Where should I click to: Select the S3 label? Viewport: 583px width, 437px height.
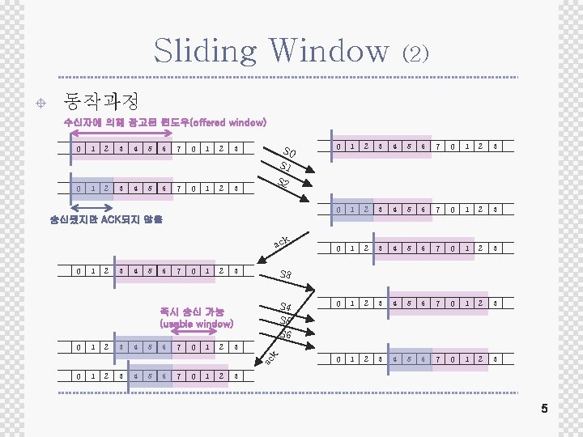click(x=286, y=275)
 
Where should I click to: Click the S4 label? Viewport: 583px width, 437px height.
click(x=285, y=307)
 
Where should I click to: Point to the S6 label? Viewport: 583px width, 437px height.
click(x=286, y=334)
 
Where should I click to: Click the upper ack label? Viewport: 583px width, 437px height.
click(x=282, y=241)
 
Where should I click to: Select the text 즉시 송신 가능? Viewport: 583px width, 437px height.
click(x=193, y=311)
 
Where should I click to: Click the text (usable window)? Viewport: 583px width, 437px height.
click(x=197, y=323)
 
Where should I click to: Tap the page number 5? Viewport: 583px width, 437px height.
click(x=544, y=409)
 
